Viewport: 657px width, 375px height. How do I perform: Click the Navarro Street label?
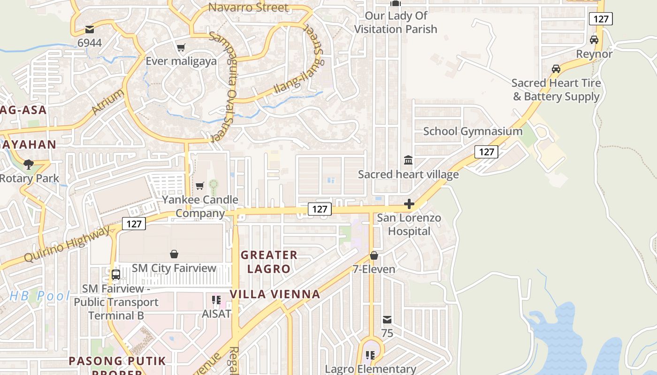(x=248, y=7)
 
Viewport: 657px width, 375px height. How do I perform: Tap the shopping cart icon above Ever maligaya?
(x=181, y=47)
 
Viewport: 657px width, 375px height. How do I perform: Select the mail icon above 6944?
(x=89, y=30)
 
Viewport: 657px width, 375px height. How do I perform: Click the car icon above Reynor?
(x=594, y=40)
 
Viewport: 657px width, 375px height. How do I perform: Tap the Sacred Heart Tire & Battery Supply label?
(x=556, y=90)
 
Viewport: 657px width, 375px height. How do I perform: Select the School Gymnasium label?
(x=473, y=131)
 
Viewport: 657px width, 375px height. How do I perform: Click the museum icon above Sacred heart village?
(x=408, y=160)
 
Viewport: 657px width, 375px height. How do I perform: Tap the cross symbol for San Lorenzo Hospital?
(x=409, y=204)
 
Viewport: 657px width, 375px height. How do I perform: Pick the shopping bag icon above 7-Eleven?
(x=374, y=255)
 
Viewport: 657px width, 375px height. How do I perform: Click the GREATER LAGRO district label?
(x=269, y=262)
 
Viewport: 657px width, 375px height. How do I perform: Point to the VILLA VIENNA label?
(x=275, y=294)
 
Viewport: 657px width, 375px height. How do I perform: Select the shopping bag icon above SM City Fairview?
(x=174, y=254)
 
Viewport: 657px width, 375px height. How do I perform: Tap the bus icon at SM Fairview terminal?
(x=116, y=274)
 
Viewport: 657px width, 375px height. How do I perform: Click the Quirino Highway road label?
(x=69, y=244)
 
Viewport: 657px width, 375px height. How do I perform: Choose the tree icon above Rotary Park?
(x=29, y=164)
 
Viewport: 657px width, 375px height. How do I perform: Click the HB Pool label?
(x=39, y=296)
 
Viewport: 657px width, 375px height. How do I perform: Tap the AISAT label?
(x=216, y=314)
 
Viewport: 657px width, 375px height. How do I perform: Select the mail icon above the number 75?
(x=387, y=320)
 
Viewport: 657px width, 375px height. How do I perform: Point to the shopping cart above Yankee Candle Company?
(x=200, y=186)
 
